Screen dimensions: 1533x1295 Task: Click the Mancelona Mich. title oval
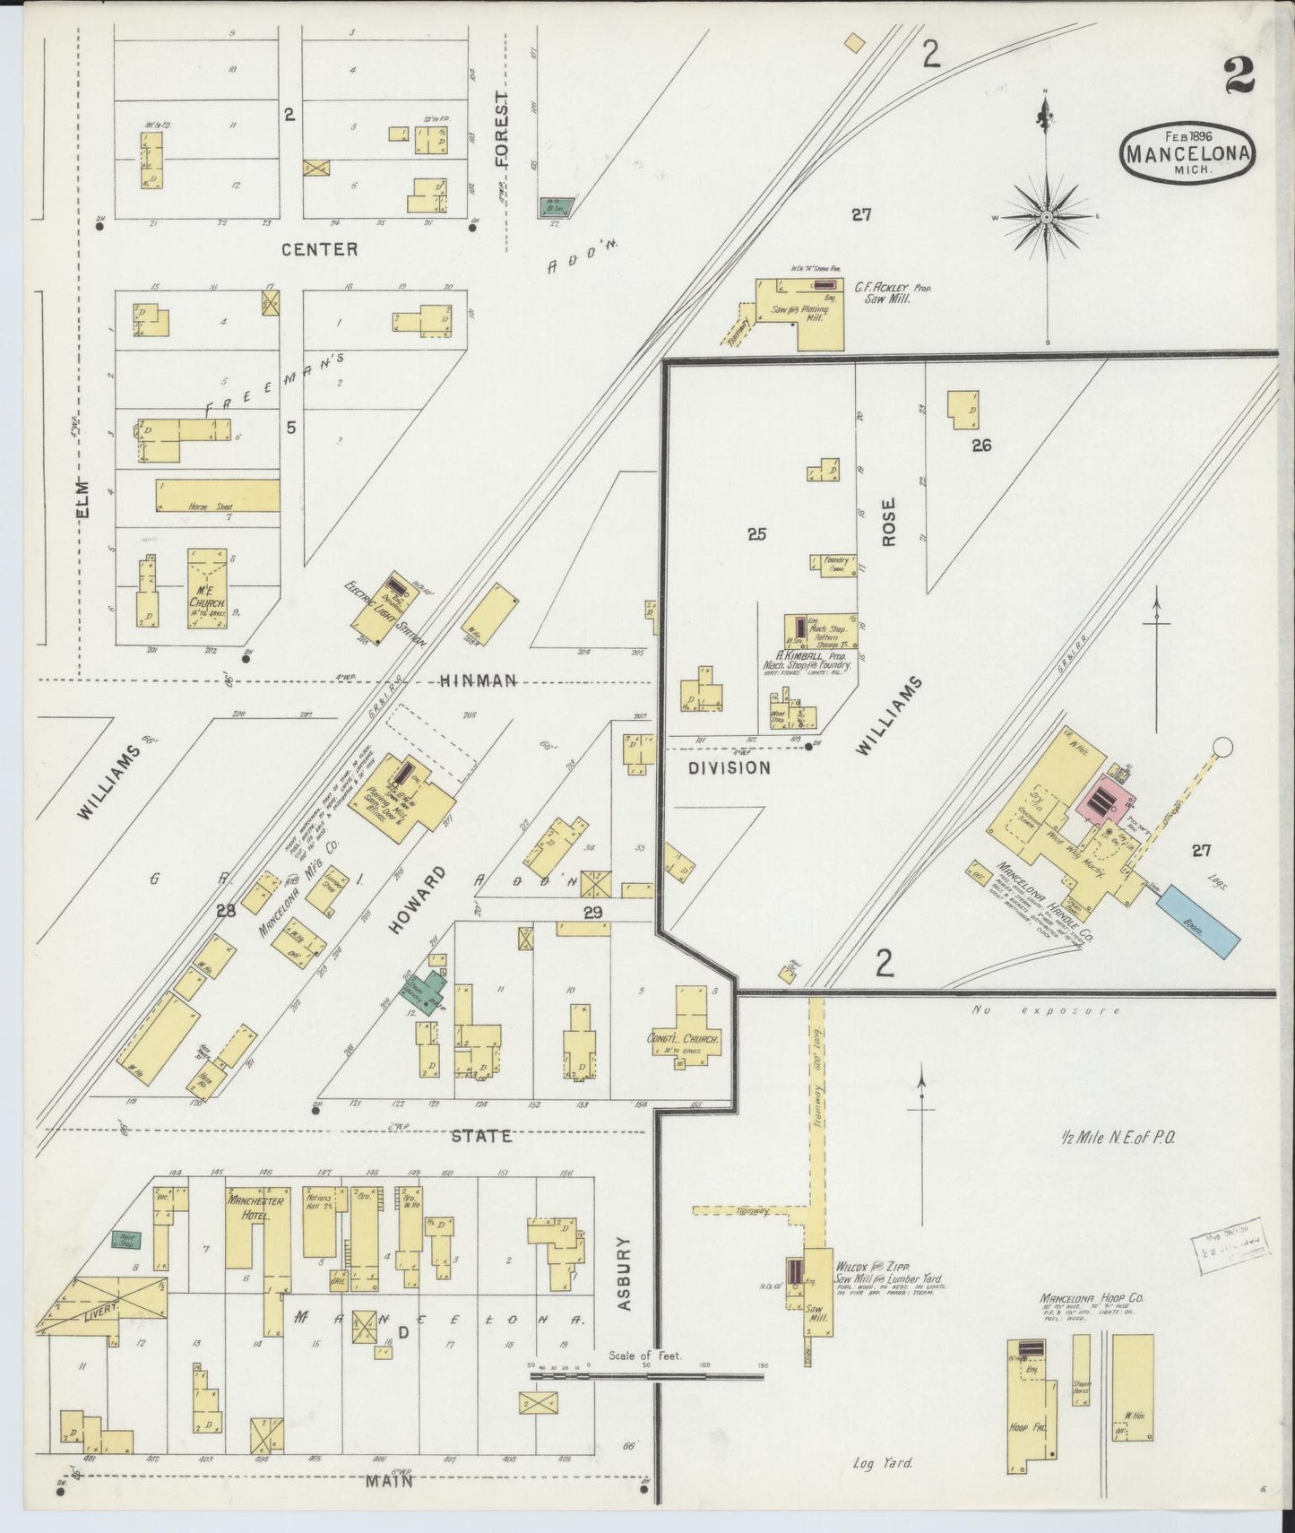click(1187, 152)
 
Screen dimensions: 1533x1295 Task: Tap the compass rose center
click(1047, 218)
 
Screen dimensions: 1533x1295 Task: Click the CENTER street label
click(319, 249)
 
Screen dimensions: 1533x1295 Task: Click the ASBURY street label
click(626, 1274)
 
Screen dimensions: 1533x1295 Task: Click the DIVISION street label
click(730, 767)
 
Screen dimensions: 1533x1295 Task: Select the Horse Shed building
click(218, 496)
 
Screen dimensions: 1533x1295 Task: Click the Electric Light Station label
click(384, 617)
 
